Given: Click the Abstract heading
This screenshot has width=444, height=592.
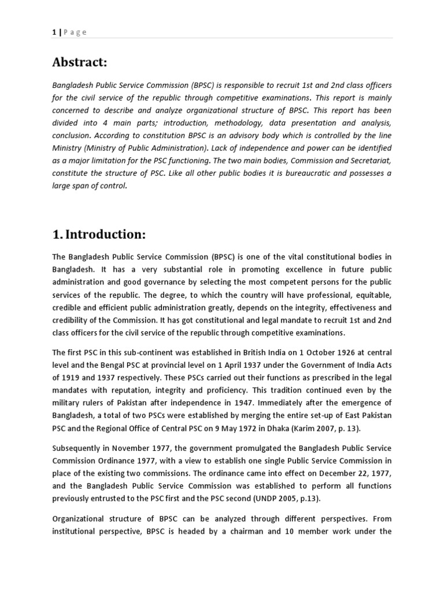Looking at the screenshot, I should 80,62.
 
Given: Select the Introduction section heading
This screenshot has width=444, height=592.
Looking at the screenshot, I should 99,234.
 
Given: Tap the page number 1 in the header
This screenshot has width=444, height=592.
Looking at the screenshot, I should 54,32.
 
